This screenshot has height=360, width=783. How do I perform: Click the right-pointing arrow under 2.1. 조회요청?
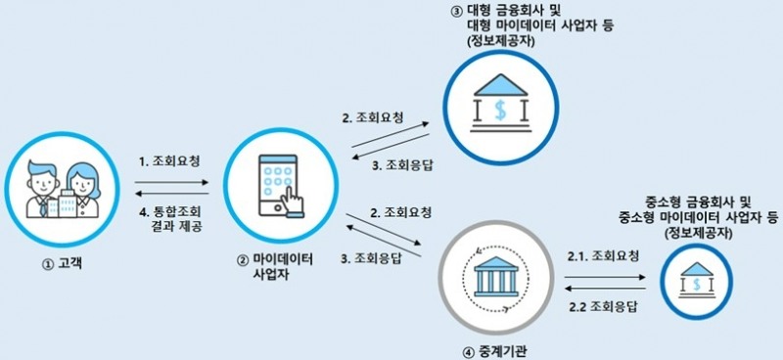pos(601,276)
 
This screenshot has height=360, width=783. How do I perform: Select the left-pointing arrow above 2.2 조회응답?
pos(601,290)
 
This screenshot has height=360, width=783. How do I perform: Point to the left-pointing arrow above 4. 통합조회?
pos(172,194)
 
